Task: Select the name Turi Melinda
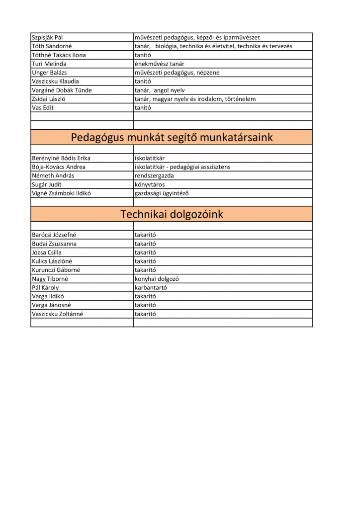[49, 64]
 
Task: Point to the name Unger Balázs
[50, 73]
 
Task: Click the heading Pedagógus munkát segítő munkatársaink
[172, 137]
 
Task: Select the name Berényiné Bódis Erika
[61, 158]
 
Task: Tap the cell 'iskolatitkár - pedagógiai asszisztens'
[182, 167]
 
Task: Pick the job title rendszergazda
[154, 175]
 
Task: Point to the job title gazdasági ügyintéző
[162, 193]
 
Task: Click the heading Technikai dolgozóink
[172, 214]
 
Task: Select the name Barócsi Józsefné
[54, 235]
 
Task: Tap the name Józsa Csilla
[47, 253]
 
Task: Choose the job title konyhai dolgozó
[157, 279]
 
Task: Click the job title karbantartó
[151, 287]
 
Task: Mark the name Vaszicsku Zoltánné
[58, 314]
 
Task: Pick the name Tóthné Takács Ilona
[59, 55]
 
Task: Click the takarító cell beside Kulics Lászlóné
[145, 261]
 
